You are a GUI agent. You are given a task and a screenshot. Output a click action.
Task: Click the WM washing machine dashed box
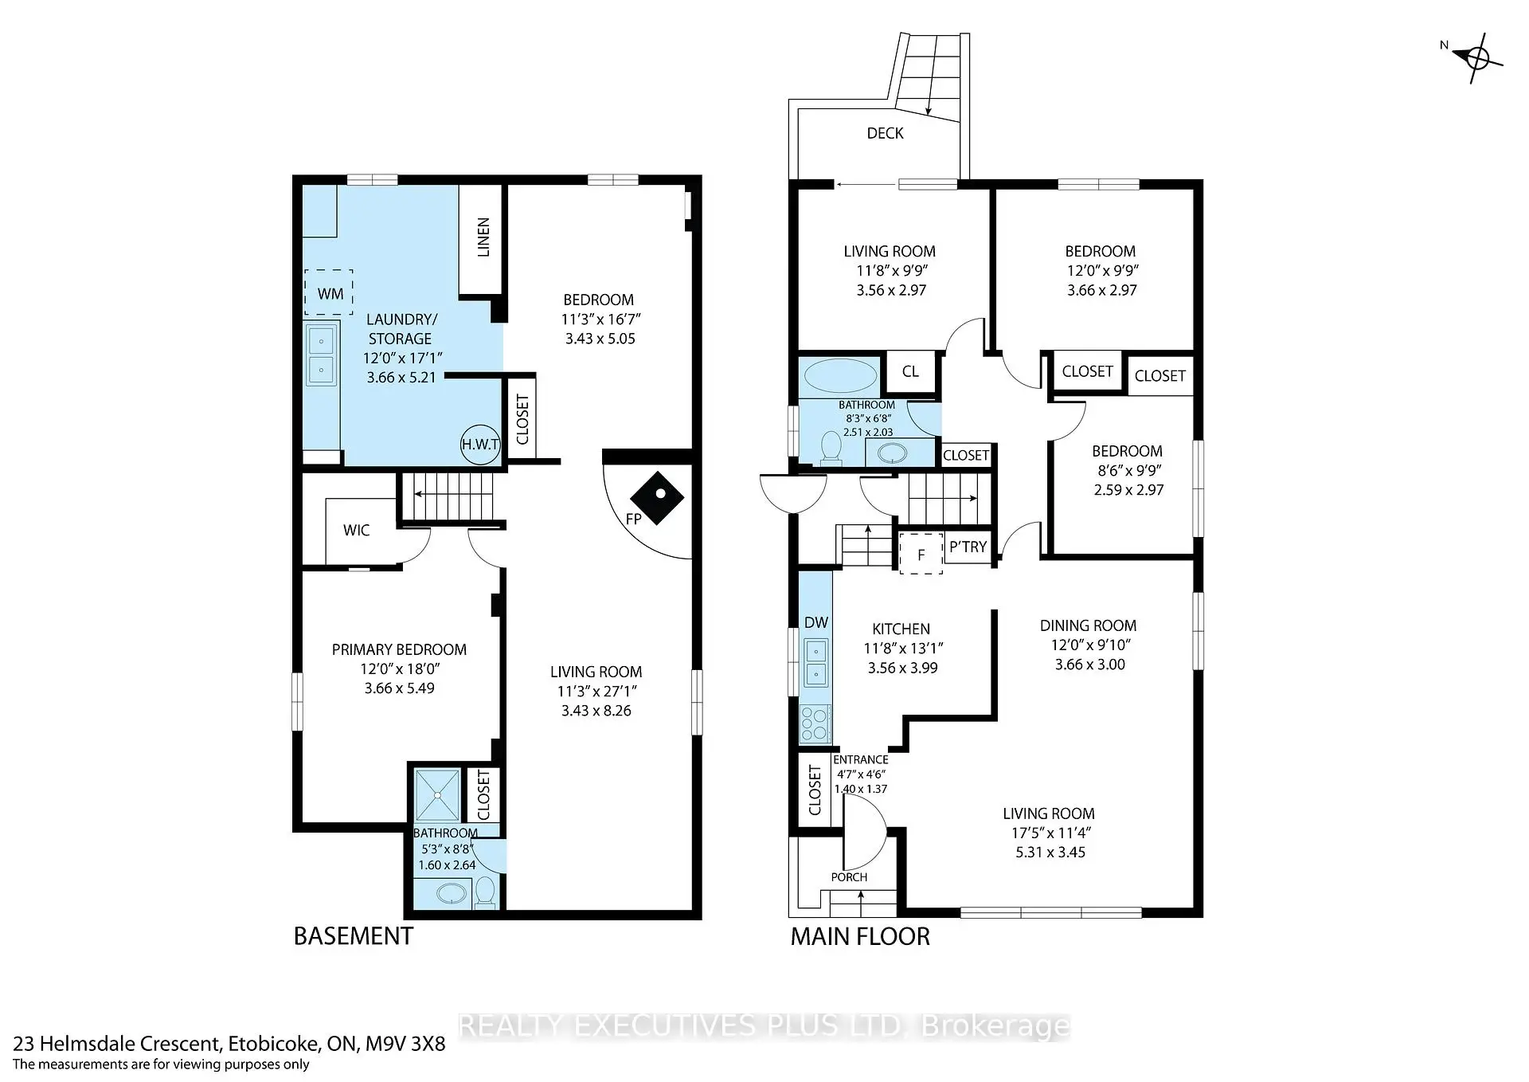[329, 292]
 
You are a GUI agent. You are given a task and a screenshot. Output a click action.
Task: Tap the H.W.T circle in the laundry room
[480, 445]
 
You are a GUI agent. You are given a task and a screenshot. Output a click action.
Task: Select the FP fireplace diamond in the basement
[657, 499]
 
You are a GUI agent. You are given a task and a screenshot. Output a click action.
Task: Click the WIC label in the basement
[356, 531]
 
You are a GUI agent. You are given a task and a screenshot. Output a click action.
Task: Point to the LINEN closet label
[483, 237]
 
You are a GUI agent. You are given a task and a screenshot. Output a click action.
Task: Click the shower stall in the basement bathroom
[437, 794]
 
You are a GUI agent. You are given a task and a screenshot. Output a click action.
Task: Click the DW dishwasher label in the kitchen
[816, 622]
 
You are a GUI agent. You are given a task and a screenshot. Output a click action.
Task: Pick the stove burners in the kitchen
[814, 724]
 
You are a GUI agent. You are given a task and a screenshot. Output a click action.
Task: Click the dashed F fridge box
[921, 554]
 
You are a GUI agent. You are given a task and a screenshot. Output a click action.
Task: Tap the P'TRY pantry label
[968, 547]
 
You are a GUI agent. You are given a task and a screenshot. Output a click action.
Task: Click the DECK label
[885, 133]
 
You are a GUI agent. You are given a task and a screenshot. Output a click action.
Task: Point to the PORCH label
[849, 876]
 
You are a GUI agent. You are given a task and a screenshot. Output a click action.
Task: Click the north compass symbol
[1477, 57]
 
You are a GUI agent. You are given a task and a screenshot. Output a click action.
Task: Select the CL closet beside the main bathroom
[910, 371]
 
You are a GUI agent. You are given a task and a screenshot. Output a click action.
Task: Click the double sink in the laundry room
[321, 355]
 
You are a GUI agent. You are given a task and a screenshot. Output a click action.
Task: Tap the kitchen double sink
[815, 663]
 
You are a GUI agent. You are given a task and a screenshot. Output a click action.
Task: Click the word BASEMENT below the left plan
[354, 935]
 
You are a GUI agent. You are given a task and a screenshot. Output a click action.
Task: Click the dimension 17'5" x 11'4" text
[1049, 833]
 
